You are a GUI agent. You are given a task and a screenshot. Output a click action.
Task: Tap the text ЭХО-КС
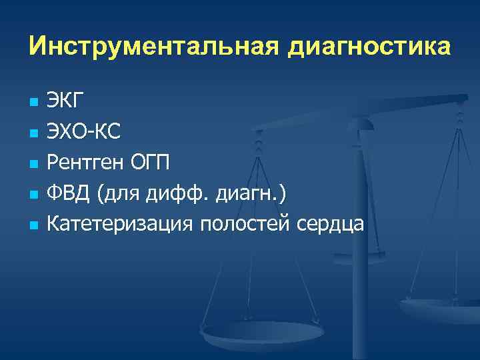pos(83,133)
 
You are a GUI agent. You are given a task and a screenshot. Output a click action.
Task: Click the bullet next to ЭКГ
pos(32,103)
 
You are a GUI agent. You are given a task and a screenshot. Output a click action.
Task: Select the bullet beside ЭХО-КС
pos(32,133)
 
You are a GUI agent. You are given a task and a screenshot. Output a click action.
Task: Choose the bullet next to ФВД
pos(32,195)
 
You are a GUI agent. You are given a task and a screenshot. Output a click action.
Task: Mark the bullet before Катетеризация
pos(32,225)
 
